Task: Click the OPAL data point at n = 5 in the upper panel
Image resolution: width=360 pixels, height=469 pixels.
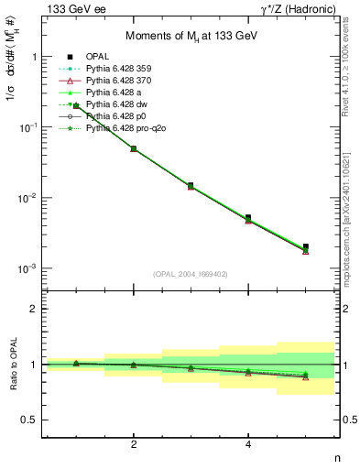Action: tap(306, 246)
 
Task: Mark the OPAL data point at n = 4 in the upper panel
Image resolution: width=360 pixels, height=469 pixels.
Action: tap(248, 218)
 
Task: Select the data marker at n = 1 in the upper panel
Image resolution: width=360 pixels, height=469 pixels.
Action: tap(76, 106)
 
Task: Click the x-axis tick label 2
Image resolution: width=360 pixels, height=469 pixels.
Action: tap(134, 444)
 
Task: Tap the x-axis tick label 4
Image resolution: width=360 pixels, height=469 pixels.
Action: tap(248, 444)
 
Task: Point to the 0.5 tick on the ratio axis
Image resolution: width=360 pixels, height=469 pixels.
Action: tap(34, 420)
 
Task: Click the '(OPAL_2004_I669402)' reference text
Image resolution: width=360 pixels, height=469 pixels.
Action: tap(191, 273)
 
